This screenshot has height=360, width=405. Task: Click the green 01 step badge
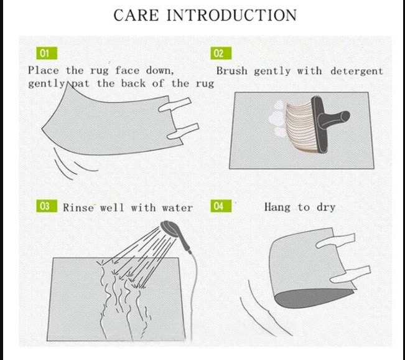point(47,54)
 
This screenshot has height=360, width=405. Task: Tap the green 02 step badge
point(221,54)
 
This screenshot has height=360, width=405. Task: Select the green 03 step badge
point(47,206)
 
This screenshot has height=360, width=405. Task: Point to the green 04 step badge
point(221,206)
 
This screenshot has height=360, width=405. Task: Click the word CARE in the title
point(136,15)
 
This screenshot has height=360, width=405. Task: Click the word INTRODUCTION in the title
point(231,15)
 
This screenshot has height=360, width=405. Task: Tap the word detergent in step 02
point(356,71)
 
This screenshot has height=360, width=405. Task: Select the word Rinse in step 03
point(78,207)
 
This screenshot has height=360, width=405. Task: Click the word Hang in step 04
point(277,207)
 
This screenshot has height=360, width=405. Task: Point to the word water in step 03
point(177,208)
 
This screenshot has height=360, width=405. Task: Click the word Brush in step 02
point(232,71)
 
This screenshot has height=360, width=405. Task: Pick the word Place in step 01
point(44,70)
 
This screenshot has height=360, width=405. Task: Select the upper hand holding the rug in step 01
point(175,105)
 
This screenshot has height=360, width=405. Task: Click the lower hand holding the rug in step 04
point(350,275)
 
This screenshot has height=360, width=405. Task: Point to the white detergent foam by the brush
point(277,119)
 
